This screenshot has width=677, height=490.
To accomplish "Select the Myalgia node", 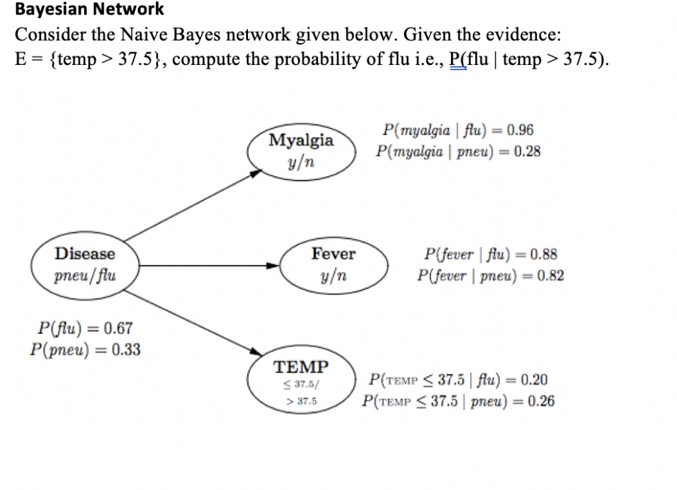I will pyautogui.click(x=301, y=151).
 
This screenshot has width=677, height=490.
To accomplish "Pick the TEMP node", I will pyautogui.click(x=301, y=383).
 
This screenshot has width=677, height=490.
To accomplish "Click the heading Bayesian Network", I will pyautogui.click(x=89, y=9).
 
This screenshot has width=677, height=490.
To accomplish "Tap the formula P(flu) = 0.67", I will pyautogui.click(x=85, y=328).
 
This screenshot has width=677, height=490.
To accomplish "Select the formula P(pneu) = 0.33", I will pyautogui.click(x=85, y=349).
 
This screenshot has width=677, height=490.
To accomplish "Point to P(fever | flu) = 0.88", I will pyautogui.click(x=491, y=254).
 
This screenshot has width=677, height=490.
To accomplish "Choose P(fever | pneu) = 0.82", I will pyautogui.click(x=491, y=275).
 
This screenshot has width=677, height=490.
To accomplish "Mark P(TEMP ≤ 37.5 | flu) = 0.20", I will pyautogui.click(x=459, y=380).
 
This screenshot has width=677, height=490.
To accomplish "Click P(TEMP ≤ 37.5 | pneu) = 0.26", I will pyautogui.click(x=458, y=401).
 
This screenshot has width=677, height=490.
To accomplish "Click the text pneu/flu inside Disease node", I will pyautogui.click(x=85, y=275).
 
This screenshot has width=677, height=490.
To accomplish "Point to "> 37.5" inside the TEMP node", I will pyautogui.click(x=301, y=401).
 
